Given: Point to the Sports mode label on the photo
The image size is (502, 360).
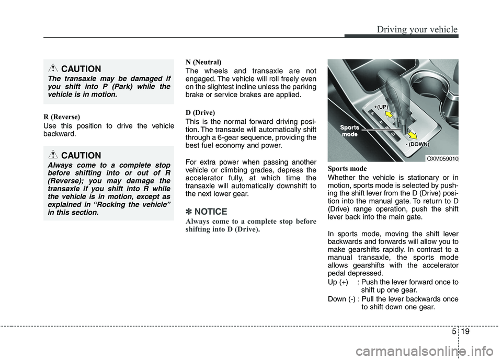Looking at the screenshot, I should coord(350,131).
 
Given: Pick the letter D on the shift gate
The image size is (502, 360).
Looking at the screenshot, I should coord(393,133).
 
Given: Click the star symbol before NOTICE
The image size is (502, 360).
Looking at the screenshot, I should coord(189,212).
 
